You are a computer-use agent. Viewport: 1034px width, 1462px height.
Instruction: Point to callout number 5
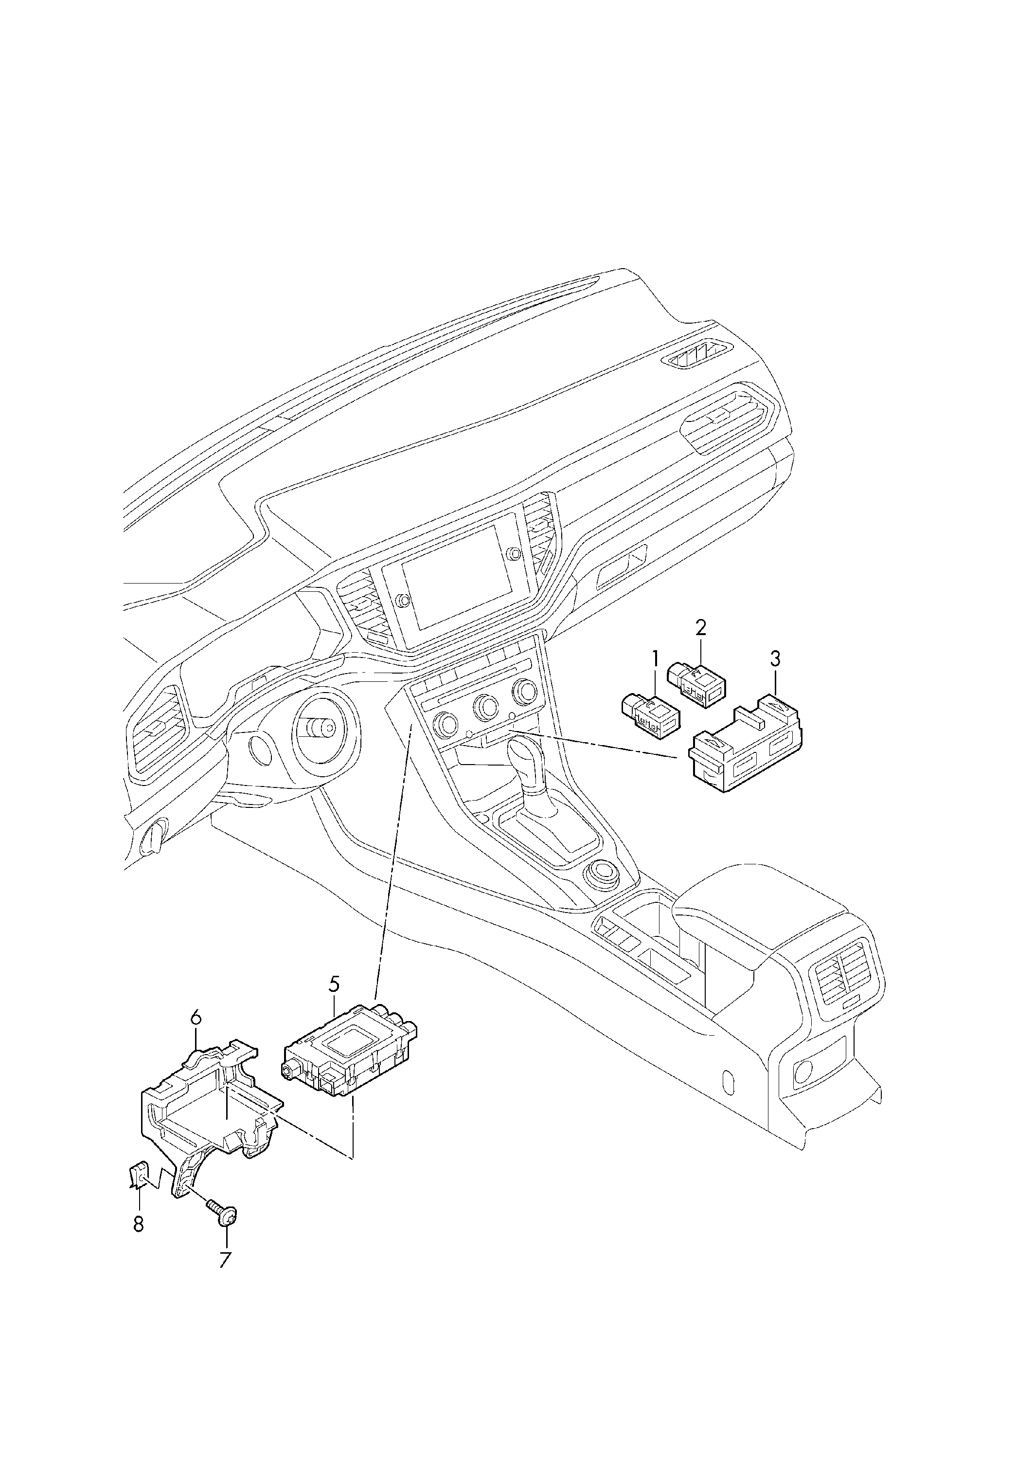point(334,1002)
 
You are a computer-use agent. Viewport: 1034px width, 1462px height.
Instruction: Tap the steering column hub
point(321,728)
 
